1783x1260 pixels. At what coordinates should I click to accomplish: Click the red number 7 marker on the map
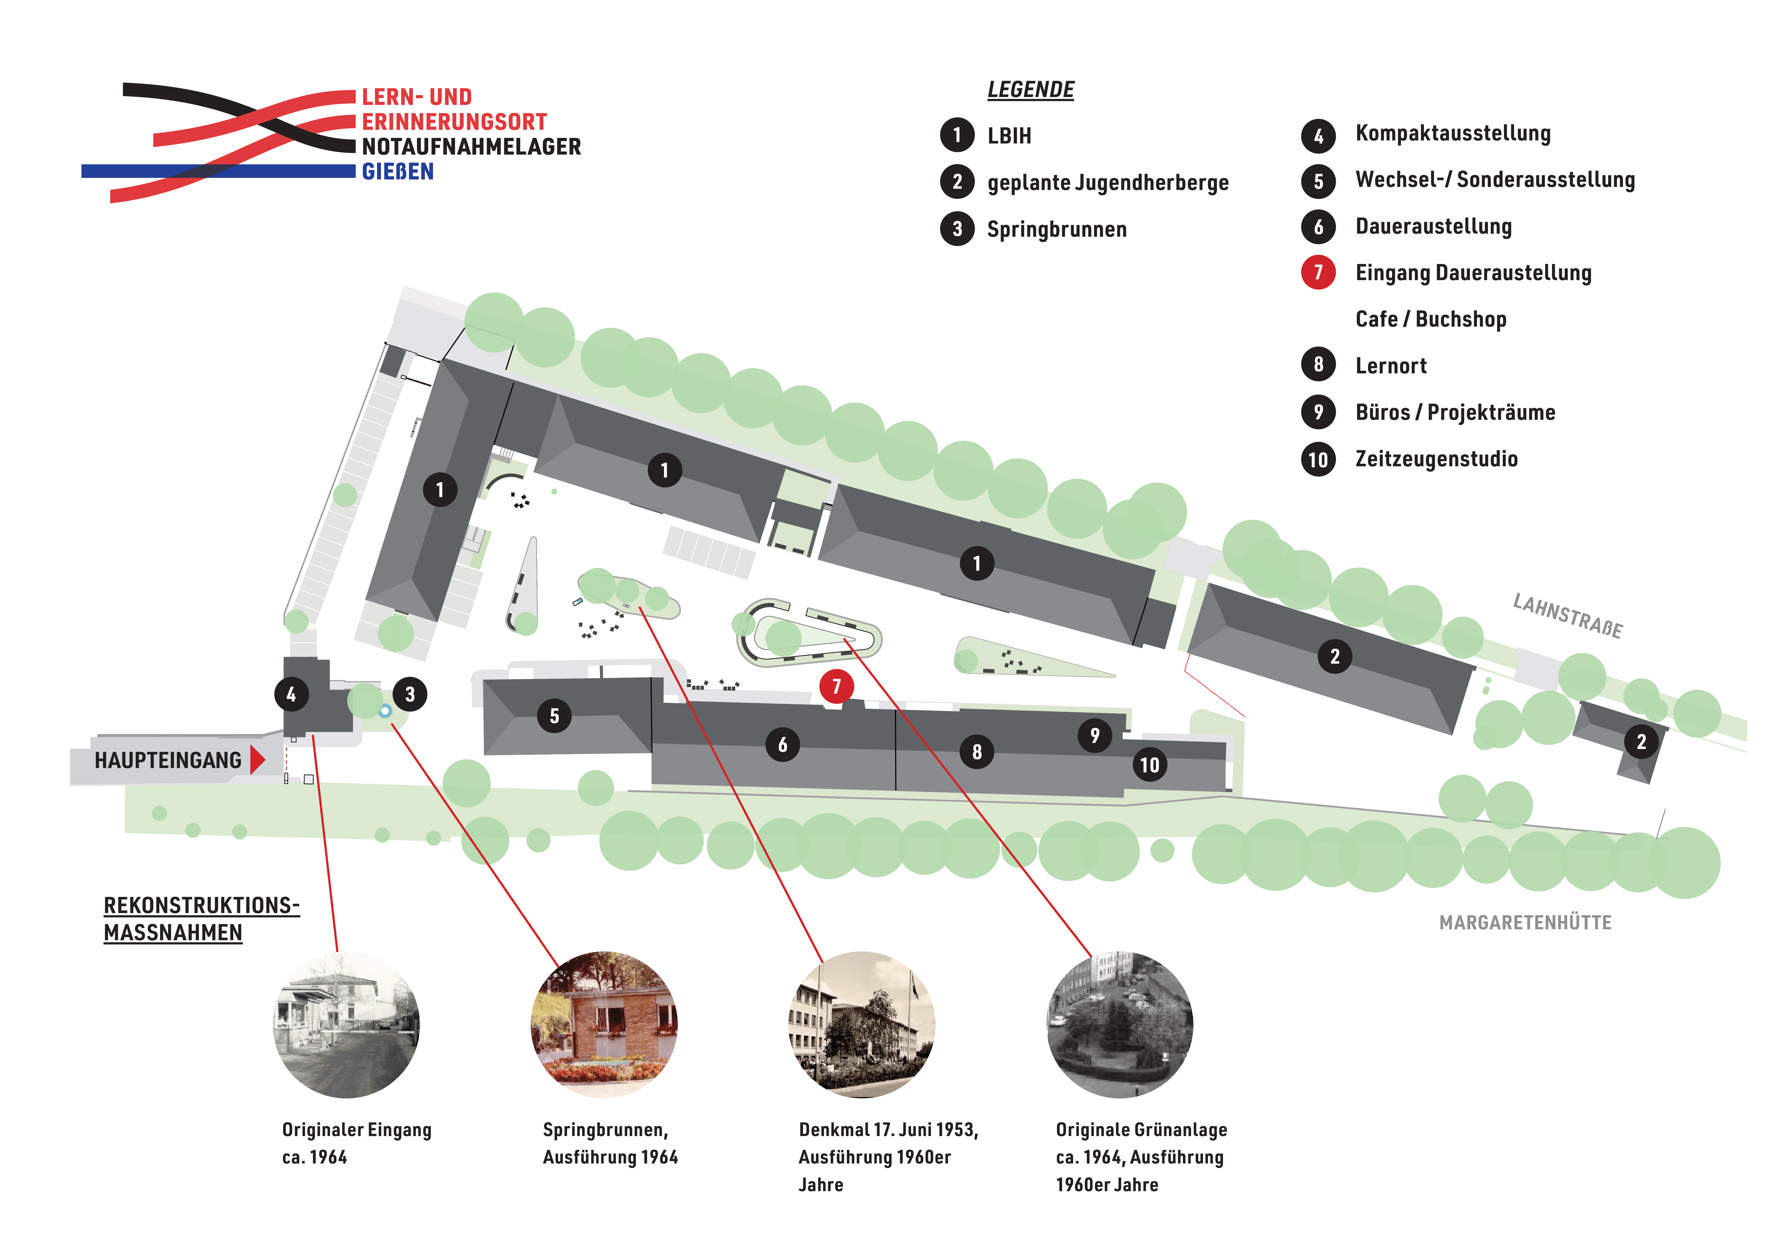point(836,686)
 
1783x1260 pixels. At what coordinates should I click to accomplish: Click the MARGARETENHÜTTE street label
point(1525,922)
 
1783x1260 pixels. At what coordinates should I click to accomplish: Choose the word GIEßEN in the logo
point(398,172)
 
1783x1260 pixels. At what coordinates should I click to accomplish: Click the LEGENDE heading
point(1031,90)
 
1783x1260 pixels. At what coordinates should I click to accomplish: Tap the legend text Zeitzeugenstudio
point(1436,459)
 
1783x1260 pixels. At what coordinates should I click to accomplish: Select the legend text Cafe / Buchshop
point(1431,319)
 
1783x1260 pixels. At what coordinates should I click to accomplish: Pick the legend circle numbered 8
point(1318,365)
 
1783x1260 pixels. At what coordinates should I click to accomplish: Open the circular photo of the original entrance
point(346,1025)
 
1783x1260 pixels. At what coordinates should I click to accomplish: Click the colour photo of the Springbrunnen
point(604,1025)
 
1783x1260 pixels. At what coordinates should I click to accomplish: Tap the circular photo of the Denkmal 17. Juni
point(862,1025)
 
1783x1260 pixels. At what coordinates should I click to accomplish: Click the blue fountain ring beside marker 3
point(385,710)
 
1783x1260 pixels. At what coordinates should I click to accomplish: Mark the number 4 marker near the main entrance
point(291,694)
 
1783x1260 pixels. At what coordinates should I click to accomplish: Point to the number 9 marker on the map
point(1094,735)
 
